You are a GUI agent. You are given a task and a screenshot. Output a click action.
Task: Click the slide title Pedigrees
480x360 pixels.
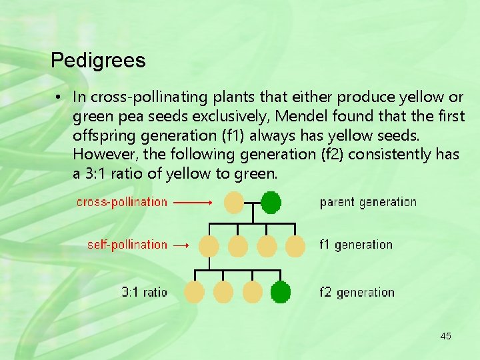coord(98,61)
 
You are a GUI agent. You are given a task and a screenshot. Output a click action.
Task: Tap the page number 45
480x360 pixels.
coord(445,336)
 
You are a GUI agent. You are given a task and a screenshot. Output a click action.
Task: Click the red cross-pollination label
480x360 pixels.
coord(122,202)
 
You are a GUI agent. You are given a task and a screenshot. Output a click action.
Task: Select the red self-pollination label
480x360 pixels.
coord(127,245)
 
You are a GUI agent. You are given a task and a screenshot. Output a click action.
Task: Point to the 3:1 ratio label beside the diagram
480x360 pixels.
coord(144,292)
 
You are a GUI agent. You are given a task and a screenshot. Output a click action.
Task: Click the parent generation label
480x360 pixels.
coord(368,202)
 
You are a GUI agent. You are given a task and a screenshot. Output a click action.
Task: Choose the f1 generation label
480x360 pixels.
coord(356,245)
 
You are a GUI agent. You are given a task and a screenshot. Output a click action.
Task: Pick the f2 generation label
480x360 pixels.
coord(357,292)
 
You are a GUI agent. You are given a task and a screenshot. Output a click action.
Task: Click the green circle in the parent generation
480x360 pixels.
coord(271,202)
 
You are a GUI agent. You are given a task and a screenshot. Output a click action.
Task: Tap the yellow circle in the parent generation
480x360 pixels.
coord(234,201)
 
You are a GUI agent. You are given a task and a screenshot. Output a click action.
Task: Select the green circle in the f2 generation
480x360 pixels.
coord(281,292)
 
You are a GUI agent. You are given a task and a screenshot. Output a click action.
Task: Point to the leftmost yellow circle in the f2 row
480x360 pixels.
coord(194,292)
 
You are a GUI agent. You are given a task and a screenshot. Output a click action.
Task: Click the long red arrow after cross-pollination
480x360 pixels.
coord(194,201)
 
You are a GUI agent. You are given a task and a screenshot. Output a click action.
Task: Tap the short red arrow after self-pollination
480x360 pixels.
coord(181,245)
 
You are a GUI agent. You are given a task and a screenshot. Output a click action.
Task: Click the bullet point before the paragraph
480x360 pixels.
coord(59,97)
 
